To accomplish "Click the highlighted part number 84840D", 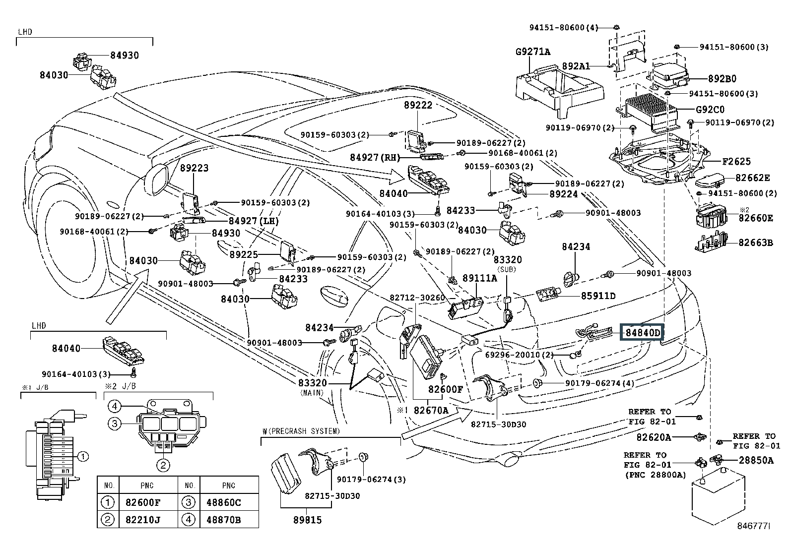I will coord(643,333).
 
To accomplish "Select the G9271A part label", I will coord(533,52).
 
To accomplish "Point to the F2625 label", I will coord(736,161).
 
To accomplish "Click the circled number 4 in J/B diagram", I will coord(115,407).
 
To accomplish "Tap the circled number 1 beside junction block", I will coord(83,456).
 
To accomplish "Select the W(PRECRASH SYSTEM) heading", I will coord(301,431).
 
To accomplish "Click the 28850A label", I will coord(756,460).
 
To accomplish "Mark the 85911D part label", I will coord(598,296).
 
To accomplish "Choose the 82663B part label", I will coord(755,242).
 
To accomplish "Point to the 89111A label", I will coord(480,278).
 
